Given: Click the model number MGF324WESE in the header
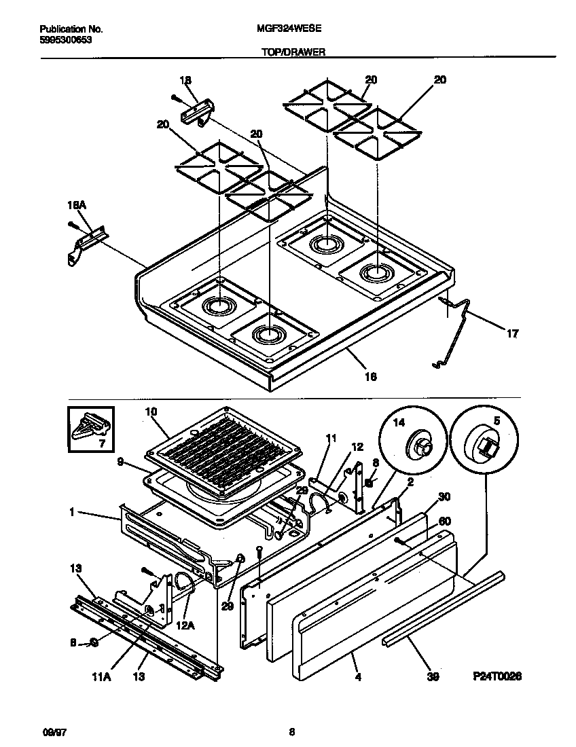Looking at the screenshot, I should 288,29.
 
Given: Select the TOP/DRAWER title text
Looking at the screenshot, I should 288,51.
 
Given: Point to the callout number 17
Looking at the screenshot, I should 512,333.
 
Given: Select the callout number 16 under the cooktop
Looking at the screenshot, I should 370,376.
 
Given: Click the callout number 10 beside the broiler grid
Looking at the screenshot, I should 151,412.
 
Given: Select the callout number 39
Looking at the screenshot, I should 433,676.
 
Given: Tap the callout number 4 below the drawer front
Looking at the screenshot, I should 355,676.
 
